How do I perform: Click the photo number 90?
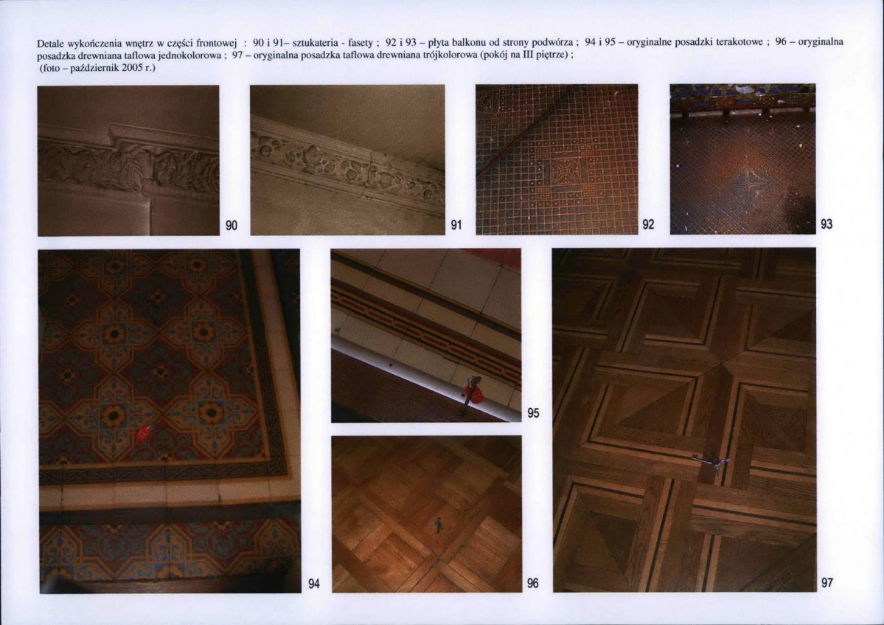232,225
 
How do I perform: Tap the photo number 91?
456,225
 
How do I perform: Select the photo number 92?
648,224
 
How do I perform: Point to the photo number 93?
826,224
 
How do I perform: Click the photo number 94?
314,584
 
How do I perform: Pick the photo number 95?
533,413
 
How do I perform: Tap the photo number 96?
533,583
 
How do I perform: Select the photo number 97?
827,583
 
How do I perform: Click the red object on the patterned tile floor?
143,433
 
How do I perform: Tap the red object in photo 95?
473,393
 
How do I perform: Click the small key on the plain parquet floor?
437,525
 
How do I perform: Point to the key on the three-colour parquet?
712,463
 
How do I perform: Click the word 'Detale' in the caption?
51,44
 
